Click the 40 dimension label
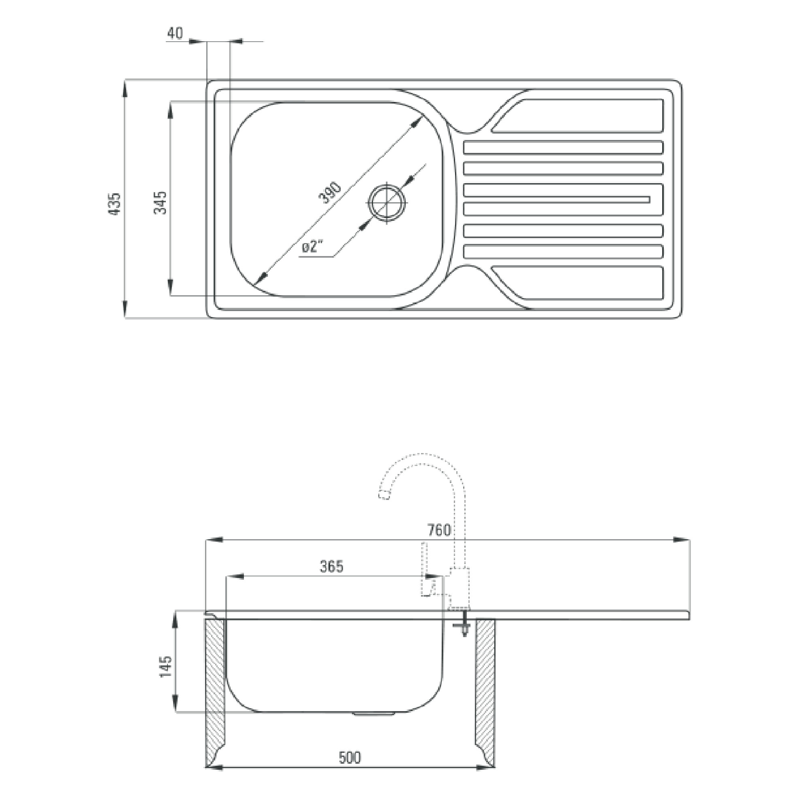point(175,34)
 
